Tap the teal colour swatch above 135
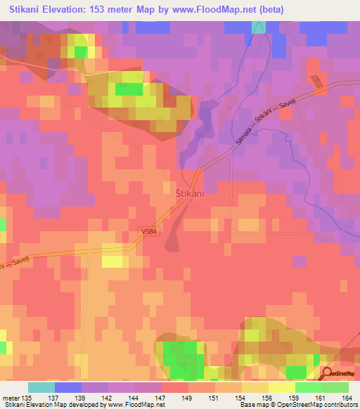coord(41,387)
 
